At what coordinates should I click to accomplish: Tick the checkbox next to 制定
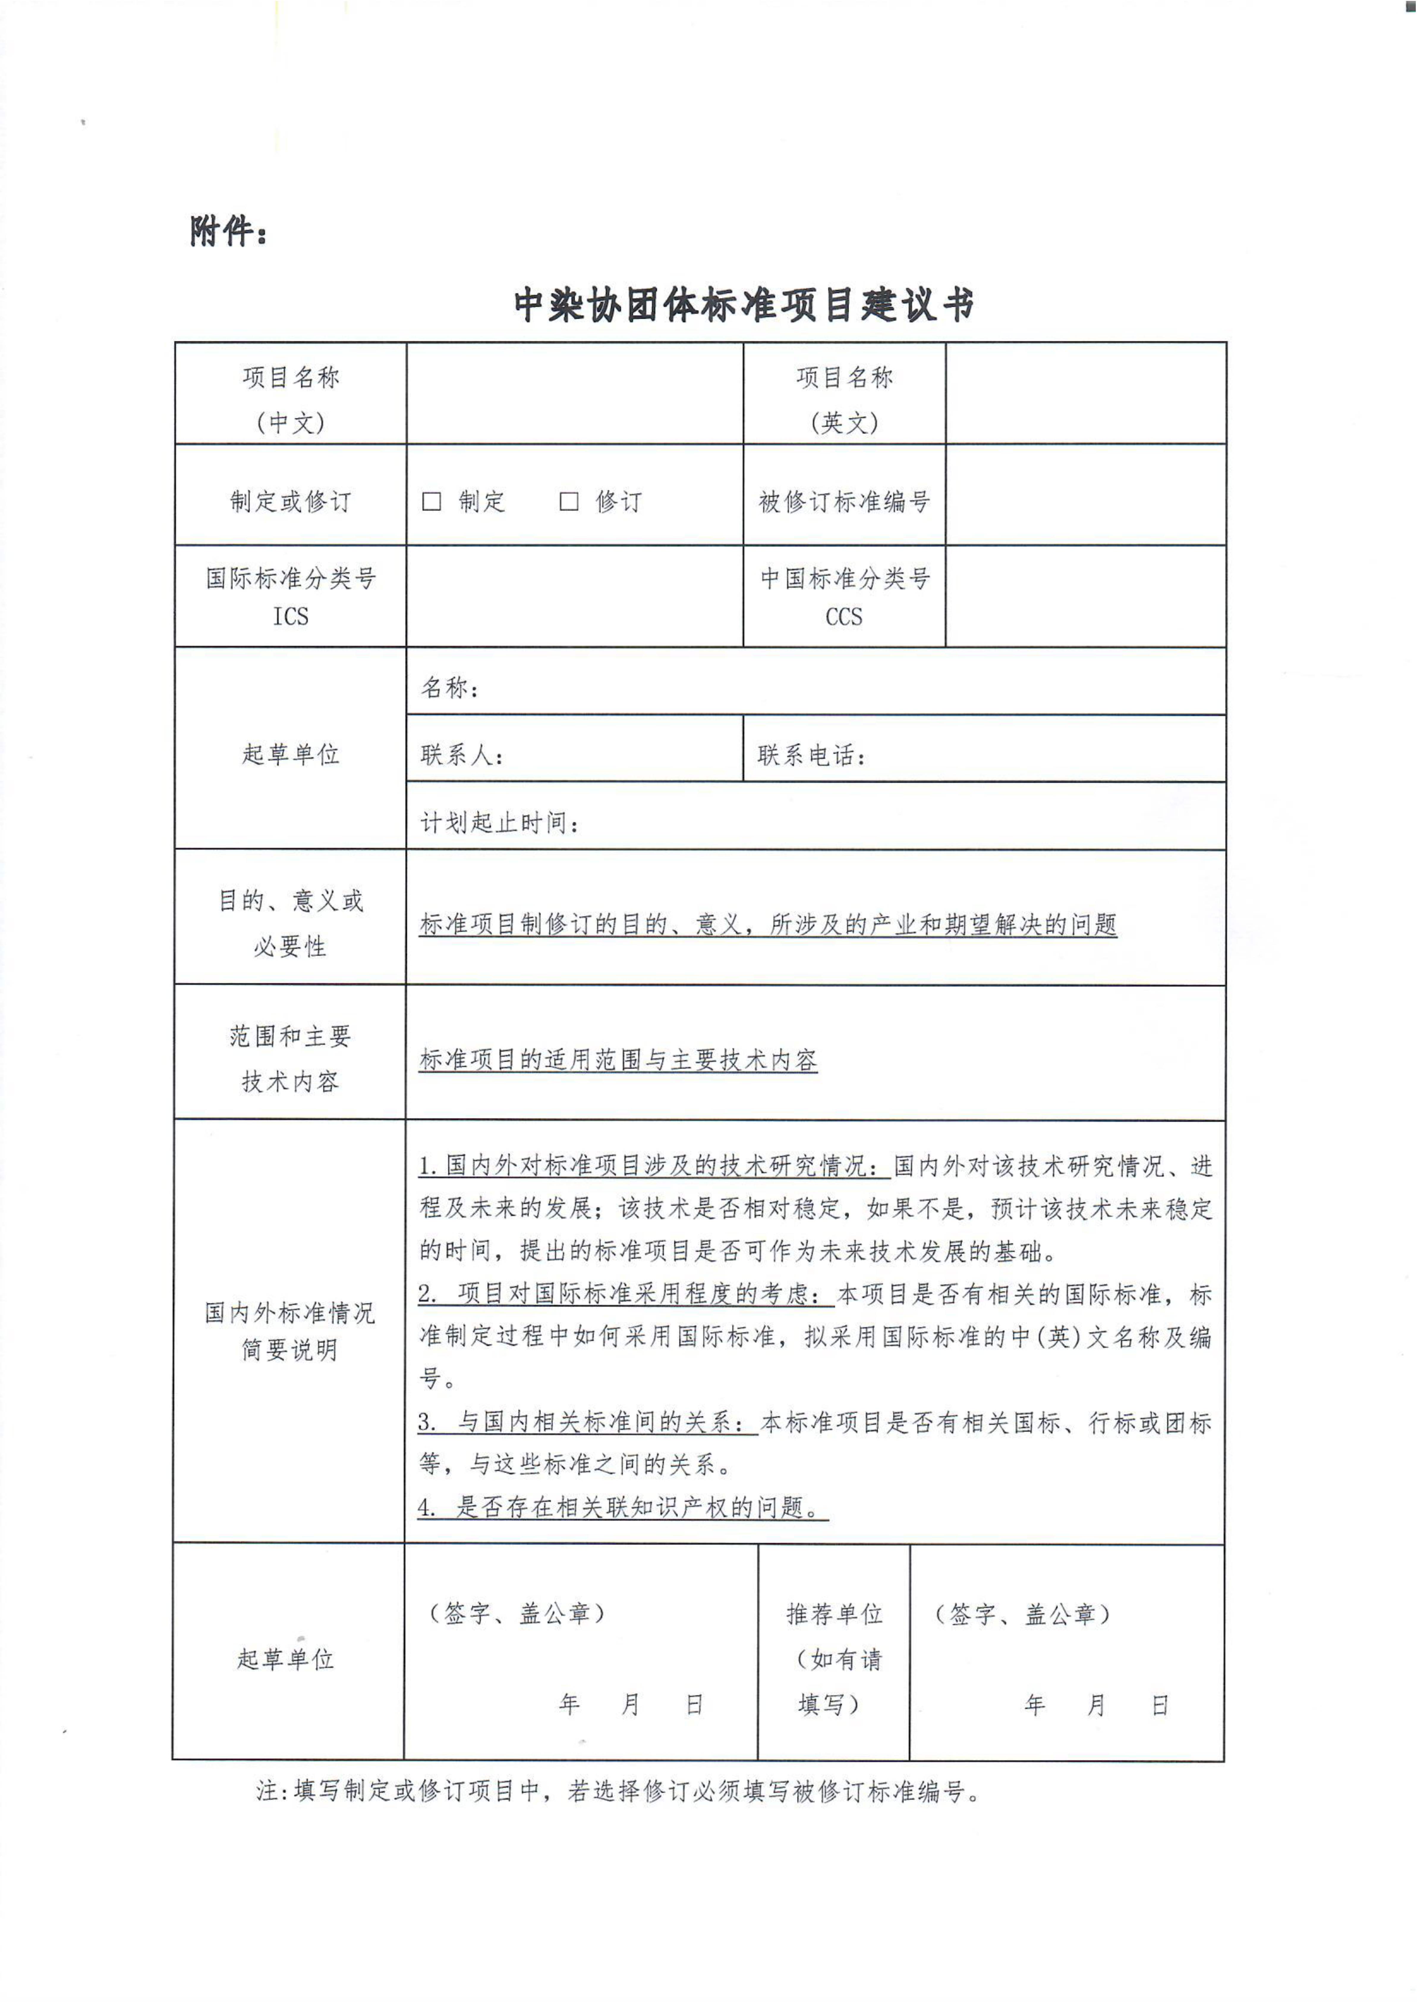(x=431, y=501)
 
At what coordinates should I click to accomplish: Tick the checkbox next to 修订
(x=569, y=501)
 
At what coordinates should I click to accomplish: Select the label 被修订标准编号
(x=844, y=502)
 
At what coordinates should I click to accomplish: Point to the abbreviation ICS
(x=291, y=617)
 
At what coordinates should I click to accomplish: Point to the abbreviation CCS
(x=844, y=617)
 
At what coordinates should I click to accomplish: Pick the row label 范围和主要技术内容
(x=291, y=1058)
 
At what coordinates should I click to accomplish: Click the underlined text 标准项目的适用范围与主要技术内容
(x=618, y=1060)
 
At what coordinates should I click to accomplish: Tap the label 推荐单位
(x=834, y=1614)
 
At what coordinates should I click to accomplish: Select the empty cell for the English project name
(x=1085, y=394)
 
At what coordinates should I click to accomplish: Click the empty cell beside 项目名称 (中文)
(x=574, y=394)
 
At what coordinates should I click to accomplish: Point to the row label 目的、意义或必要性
(x=291, y=923)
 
